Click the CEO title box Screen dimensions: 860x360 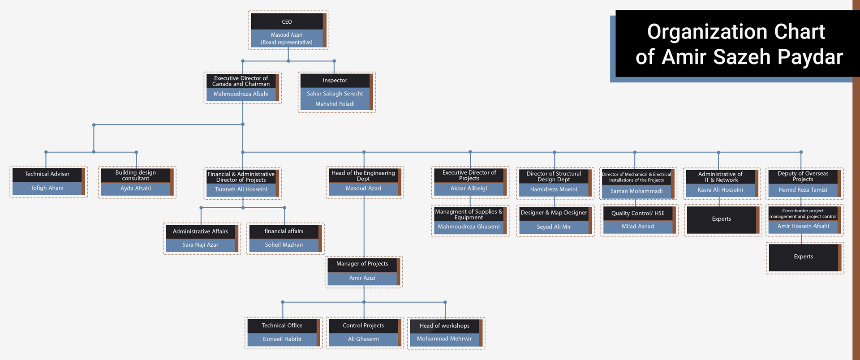point(287,21)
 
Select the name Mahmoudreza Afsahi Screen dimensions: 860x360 point(241,94)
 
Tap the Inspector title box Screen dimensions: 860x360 point(335,81)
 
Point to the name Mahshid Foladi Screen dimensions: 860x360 point(335,104)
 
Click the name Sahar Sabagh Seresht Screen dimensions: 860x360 point(335,94)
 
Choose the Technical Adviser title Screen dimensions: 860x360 point(47,174)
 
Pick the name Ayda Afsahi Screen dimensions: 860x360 point(136,189)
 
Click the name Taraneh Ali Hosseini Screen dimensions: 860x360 point(241,189)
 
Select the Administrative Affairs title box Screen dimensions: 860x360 point(201,231)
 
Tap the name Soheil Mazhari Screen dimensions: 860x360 point(284,245)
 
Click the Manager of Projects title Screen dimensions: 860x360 point(362,264)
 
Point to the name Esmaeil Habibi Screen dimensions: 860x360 point(282,339)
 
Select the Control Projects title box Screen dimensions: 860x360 point(363,326)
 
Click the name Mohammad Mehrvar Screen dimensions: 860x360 point(444,339)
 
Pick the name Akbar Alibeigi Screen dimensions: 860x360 point(469,189)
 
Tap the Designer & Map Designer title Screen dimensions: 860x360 point(554,213)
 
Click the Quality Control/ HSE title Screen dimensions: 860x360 point(638,213)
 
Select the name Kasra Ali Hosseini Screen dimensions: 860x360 point(720,190)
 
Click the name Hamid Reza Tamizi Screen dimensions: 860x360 point(803,190)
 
